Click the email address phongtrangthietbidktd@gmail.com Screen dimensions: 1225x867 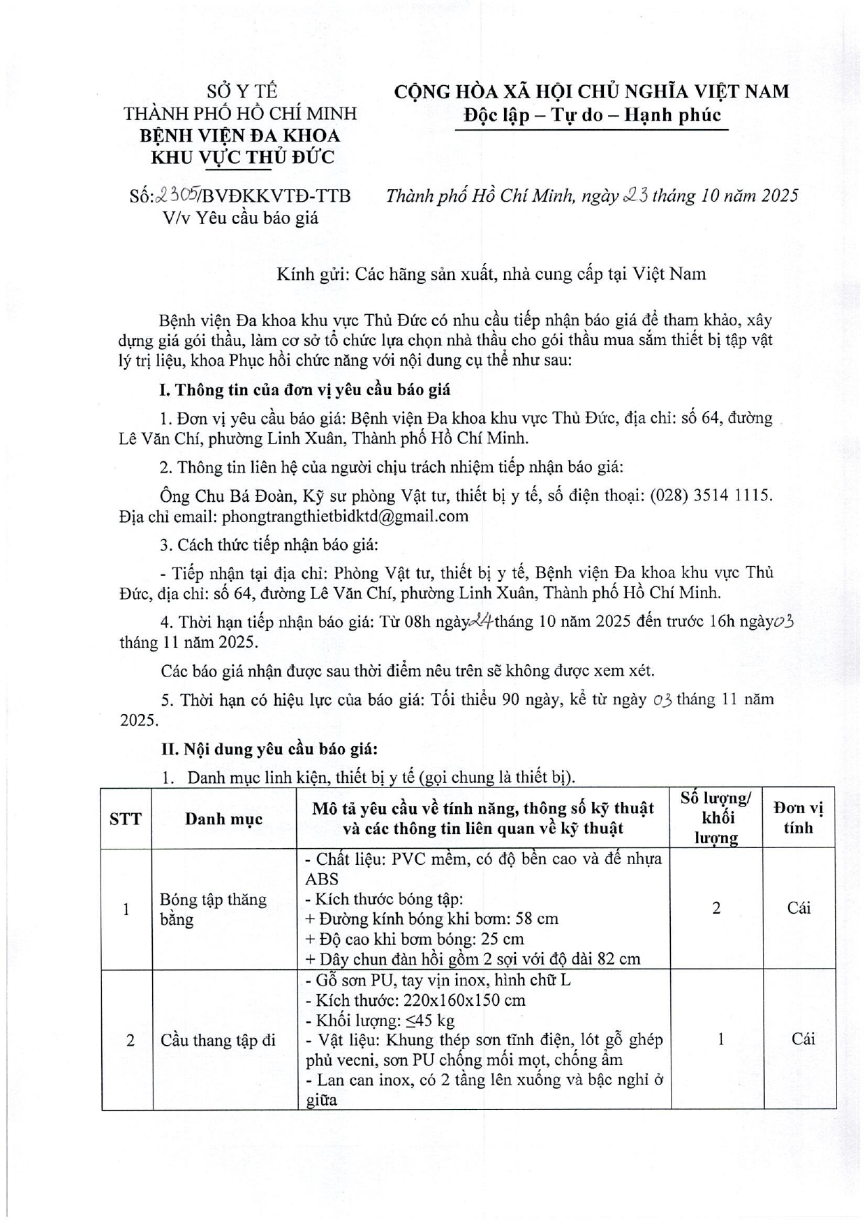coord(335,517)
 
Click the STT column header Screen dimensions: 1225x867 coord(126,819)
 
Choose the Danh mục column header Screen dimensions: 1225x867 coord(224,819)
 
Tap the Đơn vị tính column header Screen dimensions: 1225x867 coord(799,818)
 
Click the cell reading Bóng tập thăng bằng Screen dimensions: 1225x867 coord(213,909)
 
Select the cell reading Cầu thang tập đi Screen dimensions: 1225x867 coord(218,1040)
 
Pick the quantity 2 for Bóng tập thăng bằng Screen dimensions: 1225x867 coord(716,908)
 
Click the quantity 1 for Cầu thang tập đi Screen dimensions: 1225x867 coord(720,1039)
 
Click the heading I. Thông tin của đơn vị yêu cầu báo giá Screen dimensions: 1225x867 coord(306,389)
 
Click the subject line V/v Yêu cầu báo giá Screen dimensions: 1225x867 coord(241,218)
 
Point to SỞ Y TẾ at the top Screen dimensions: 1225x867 coord(242,91)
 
